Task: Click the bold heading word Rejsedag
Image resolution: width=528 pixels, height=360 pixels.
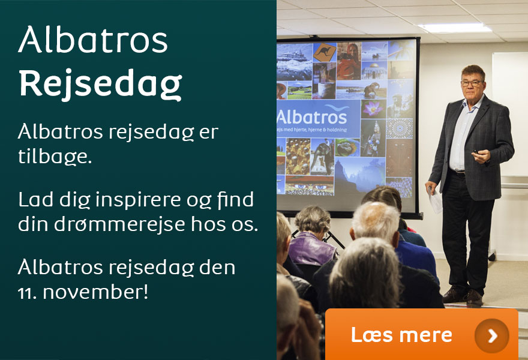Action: (x=100, y=83)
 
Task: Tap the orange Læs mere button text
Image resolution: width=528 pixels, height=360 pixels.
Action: (x=401, y=335)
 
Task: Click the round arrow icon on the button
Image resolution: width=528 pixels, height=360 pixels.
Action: (x=491, y=335)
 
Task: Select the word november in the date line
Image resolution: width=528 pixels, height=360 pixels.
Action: (x=95, y=292)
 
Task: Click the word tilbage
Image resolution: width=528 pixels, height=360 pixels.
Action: (x=55, y=156)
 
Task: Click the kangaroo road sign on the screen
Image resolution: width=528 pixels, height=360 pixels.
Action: (x=325, y=52)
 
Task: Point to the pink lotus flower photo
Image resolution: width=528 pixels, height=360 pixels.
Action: (x=373, y=109)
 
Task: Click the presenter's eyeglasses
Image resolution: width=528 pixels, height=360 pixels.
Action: (x=472, y=83)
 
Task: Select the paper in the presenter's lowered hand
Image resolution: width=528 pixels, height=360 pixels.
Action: (x=435, y=201)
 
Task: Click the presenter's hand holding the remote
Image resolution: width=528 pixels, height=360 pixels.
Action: (x=481, y=156)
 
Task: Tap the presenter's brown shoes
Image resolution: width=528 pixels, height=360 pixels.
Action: (x=463, y=296)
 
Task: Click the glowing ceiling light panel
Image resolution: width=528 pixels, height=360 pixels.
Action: (x=455, y=28)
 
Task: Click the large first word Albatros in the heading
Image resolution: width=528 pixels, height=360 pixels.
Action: (x=93, y=40)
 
